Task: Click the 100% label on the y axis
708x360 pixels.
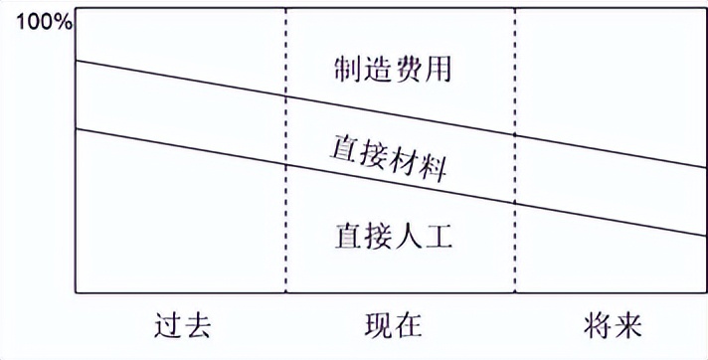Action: pos(37,21)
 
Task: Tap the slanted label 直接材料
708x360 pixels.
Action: pos(387,157)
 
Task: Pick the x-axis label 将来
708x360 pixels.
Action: pos(612,325)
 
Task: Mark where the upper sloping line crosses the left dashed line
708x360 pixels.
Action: pos(286,97)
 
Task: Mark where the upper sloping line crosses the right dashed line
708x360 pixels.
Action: pos(516,137)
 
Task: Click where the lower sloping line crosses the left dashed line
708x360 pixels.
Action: pos(286,165)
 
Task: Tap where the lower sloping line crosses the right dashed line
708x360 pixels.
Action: pos(516,205)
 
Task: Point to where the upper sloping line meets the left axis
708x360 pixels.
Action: pos(77,62)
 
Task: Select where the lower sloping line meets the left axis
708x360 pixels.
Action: pos(77,129)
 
